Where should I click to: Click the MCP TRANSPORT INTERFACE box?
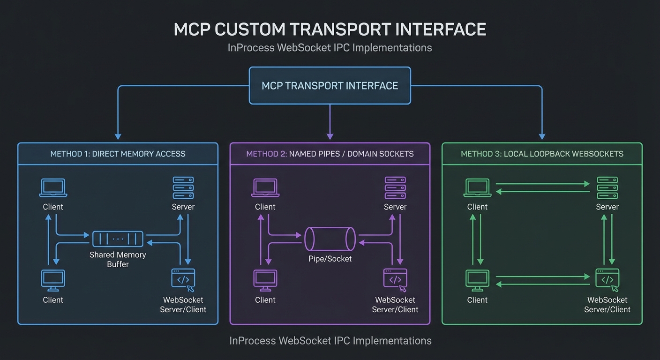point(330,86)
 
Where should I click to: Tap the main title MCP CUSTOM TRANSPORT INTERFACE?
point(330,29)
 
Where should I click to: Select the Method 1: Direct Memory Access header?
point(118,154)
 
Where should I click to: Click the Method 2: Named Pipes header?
point(330,154)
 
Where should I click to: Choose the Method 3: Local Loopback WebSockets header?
point(542,154)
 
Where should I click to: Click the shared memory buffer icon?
point(118,239)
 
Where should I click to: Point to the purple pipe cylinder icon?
point(330,239)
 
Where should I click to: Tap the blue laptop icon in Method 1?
point(53,188)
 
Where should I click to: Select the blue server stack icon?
point(183,188)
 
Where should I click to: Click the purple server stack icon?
point(395,188)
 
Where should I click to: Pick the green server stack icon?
point(607,188)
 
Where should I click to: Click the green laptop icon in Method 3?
point(477,188)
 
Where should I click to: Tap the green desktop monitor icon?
point(477,280)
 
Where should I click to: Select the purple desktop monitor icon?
point(265,280)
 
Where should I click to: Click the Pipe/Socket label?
point(330,259)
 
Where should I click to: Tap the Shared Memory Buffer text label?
point(118,259)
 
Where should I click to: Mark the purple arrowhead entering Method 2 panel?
point(330,136)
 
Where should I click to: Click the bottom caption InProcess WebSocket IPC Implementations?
point(330,341)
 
